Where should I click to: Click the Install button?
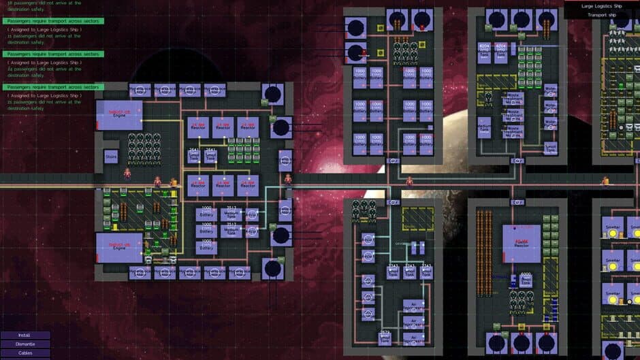[x=25, y=335]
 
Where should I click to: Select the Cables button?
[x=25, y=353]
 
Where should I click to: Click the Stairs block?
[x=111, y=157]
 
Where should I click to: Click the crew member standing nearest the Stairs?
[x=127, y=174]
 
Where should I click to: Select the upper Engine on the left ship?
[x=119, y=114]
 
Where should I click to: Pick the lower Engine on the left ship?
[x=119, y=247]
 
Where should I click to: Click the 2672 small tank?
[x=385, y=338]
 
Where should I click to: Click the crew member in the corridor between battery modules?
[x=409, y=182]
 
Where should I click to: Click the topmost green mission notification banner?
[x=52, y=21]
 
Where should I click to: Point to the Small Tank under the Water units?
[x=551, y=148]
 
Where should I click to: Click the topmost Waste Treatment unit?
[x=516, y=99]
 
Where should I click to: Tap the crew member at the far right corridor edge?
[x=605, y=181]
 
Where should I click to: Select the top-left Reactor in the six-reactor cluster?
[x=198, y=127]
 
